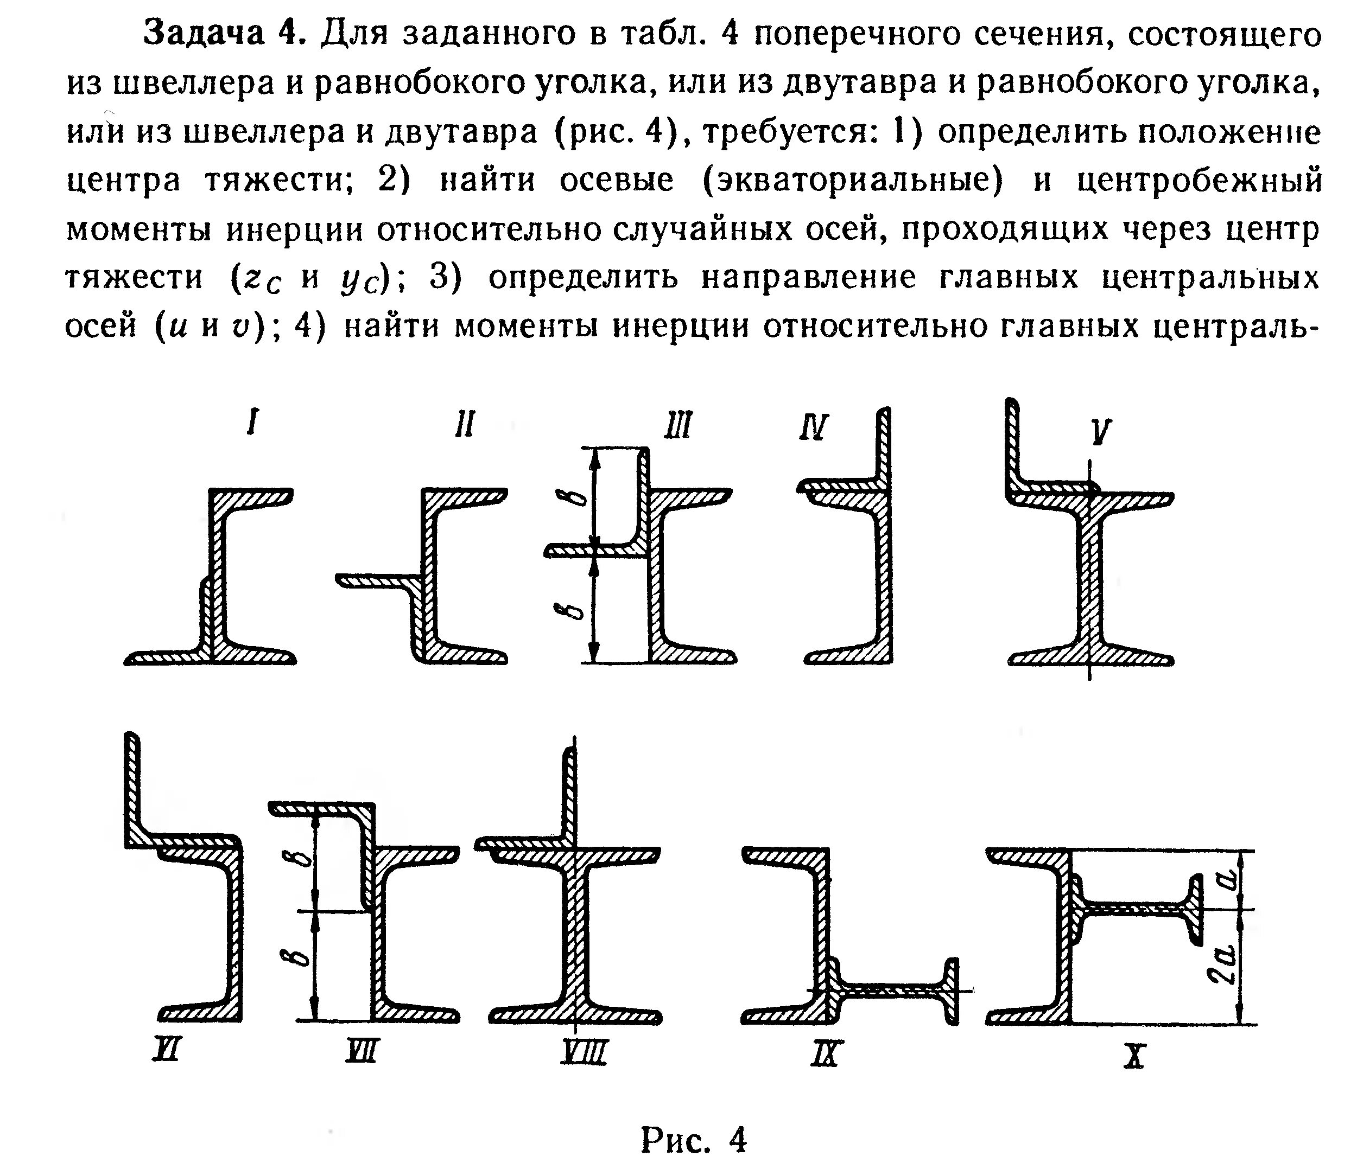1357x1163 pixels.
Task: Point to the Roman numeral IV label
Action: (x=814, y=427)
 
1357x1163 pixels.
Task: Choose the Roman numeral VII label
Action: (x=361, y=1052)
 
